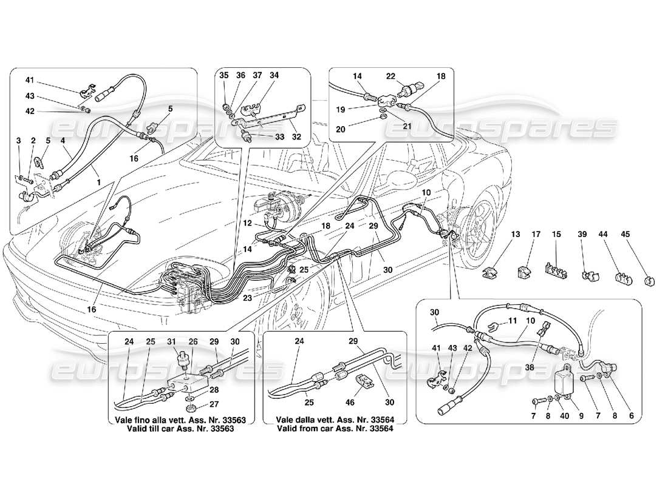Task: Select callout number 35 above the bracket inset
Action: pos(223,76)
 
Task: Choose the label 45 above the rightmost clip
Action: pos(625,233)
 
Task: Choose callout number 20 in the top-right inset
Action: pos(357,129)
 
